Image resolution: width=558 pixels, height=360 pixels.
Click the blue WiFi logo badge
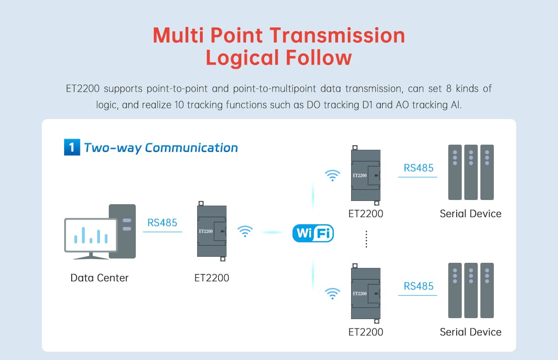click(313, 233)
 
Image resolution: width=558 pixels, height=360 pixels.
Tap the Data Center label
click(100, 278)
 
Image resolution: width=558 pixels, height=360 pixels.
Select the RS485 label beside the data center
click(162, 223)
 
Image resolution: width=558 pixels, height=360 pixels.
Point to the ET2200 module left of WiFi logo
click(212, 231)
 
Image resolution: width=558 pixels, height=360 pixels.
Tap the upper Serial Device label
click(471, 214)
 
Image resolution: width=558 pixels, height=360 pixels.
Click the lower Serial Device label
click(471, 332)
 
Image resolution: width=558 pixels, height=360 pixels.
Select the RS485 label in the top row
click(418, 168)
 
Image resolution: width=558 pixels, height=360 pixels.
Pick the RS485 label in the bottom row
click(418, 287)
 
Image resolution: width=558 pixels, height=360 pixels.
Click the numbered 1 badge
click(71, 148)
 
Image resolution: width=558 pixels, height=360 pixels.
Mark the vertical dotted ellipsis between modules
click(366, 239)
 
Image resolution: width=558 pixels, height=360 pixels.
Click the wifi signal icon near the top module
click(332, 175)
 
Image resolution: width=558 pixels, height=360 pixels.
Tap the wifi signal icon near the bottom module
click(332, 293)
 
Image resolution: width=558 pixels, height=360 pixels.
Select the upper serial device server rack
click(471, 172)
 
